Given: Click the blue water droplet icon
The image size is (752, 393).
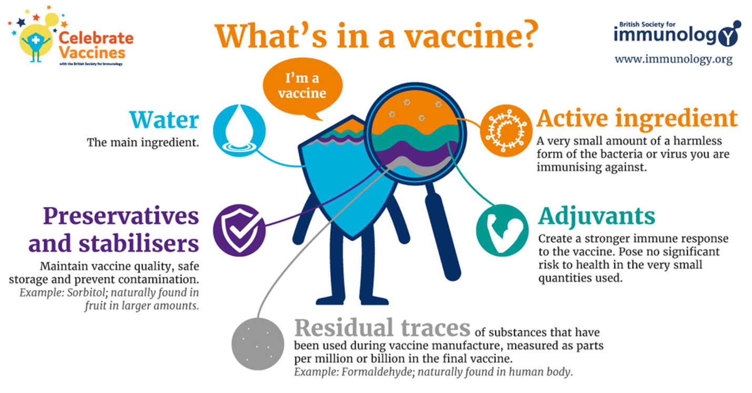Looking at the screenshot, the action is click(x=239, y=130).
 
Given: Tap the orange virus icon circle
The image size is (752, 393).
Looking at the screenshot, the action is click(x=506, y=130).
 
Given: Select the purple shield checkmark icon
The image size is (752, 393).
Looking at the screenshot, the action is click(x=239, y=230).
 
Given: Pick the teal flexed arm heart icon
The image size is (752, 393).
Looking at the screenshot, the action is click(x=502, y=230).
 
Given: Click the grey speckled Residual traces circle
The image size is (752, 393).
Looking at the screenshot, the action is click(x=258, y=344).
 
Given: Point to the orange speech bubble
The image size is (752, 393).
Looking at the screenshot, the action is click(x=302, y=88).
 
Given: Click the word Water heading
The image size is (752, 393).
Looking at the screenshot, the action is click(x=164, y=120).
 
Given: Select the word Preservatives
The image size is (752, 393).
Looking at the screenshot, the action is click(x=121, y=216).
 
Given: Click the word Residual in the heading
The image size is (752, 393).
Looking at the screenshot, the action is click(x=344, y=328).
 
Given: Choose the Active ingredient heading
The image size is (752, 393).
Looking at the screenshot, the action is click(x=637, y=120).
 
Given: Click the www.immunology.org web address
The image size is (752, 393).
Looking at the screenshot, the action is click(x=674, y=59).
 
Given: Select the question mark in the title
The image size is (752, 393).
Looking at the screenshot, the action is click(x=527, y=35).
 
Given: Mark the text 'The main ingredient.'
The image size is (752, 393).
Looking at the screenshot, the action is click(x=143, y=142).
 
